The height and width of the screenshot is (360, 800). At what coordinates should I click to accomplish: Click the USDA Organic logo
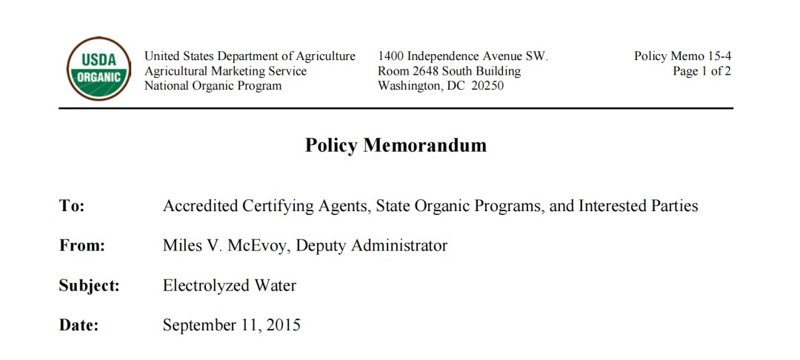pos(99,69)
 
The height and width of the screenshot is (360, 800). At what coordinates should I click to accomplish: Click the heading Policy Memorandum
pos(396,145)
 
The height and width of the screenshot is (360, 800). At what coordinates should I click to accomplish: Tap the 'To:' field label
pos(72,206)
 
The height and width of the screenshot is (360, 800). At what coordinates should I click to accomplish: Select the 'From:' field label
pos(81,246)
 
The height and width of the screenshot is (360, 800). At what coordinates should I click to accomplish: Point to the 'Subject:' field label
pos(89,286)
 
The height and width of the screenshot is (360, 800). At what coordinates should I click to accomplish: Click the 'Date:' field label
pos(79,325)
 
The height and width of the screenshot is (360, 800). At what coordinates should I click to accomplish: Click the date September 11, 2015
pos(231,324)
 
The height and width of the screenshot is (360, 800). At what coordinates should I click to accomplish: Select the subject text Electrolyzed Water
pos(229,285)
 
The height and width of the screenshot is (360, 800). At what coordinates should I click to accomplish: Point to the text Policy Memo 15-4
pos(682,56)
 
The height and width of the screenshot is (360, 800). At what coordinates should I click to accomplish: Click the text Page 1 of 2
pos(701,71)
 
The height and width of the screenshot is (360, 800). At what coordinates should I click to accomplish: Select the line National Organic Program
pos(213,86)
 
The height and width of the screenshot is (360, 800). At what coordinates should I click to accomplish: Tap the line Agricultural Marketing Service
pos(225,71)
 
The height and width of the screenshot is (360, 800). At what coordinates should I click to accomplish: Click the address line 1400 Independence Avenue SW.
pos(462,56)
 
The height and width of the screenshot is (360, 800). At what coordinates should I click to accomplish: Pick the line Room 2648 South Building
pos(449,71)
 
